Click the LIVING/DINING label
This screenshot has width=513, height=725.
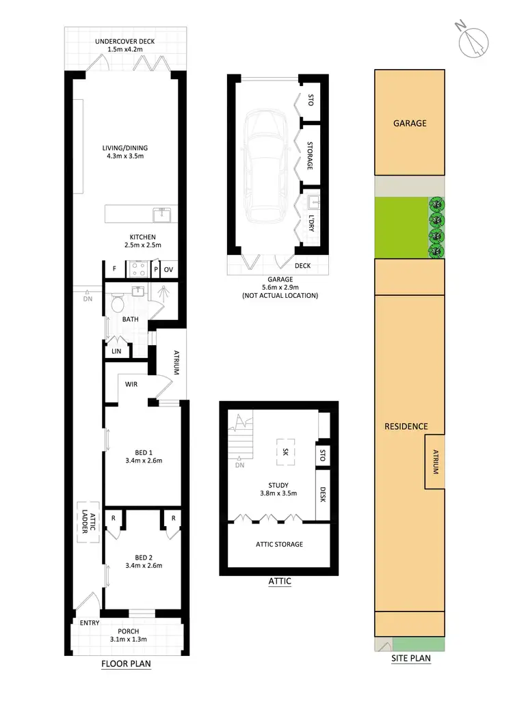click(x=124, y=148)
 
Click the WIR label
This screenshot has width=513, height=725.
click(x=131, y=385)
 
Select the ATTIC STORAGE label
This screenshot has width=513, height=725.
click(x=279, y=544)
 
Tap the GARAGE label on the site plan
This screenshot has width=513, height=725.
click(x=410, y=124)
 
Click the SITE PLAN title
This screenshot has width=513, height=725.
click(x=411, y=659)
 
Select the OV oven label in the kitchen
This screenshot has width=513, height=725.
click(x=168, y=269)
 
